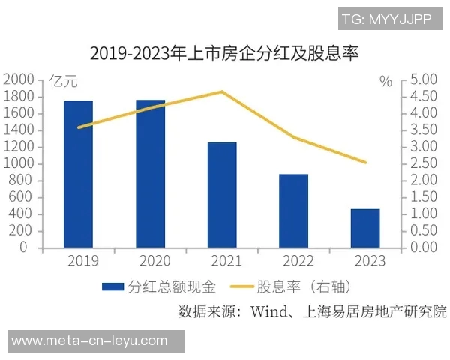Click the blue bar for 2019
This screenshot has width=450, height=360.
[78, 174]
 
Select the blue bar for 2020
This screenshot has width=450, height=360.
[150, 174]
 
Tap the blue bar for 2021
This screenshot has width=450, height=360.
[222, 195]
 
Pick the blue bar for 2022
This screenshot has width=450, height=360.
[294, 211]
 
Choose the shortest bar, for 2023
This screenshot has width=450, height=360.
[366, 228]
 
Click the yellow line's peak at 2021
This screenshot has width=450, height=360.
[222, 91]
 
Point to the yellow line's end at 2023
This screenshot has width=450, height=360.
[366, 162]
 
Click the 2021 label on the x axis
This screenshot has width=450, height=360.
[222, 261]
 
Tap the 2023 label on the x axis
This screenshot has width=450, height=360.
[366, 261]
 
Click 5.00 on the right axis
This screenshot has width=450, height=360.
[424, 79]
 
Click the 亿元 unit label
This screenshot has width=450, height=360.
[63, 81]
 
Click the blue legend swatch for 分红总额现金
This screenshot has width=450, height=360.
[112, 286]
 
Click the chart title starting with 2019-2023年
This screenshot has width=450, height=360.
[225, 53]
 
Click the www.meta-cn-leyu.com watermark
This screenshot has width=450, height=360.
[89, 340]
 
